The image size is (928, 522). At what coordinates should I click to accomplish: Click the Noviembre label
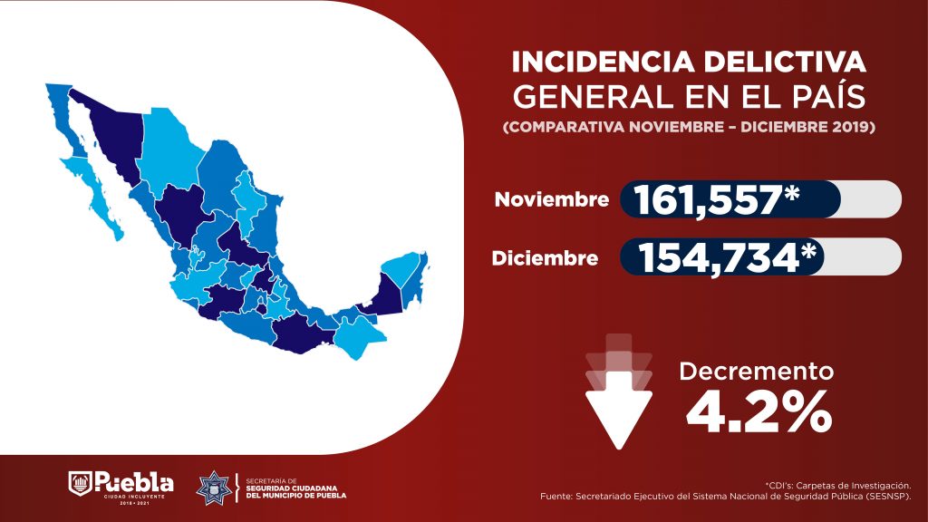[x=551, y=199]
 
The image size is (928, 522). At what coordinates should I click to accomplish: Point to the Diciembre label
[x=546, y=257]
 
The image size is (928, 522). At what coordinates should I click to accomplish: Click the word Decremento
[x=756, y=371]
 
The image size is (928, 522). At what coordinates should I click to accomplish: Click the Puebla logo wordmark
[x=133, y=480]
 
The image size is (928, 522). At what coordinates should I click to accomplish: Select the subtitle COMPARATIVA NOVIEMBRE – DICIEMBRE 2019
[x=689, y=127]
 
